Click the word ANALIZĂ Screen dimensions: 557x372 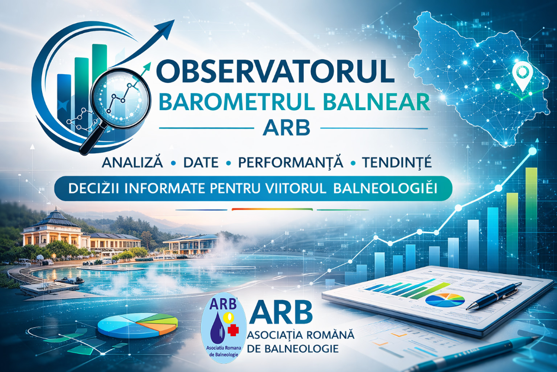coord(133,162)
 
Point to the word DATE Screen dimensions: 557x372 coord(201,162)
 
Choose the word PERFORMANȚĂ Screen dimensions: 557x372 coord(290,162)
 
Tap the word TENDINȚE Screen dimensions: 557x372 coord(397,162)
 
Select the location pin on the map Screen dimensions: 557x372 coord(522,75)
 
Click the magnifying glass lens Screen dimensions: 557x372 coord(121,96)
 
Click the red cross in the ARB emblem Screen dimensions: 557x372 coord(233,329)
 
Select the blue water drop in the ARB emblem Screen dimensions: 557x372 coord(217,327)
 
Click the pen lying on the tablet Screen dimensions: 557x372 coord(494,295)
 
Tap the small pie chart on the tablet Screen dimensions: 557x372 coord(445,300)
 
